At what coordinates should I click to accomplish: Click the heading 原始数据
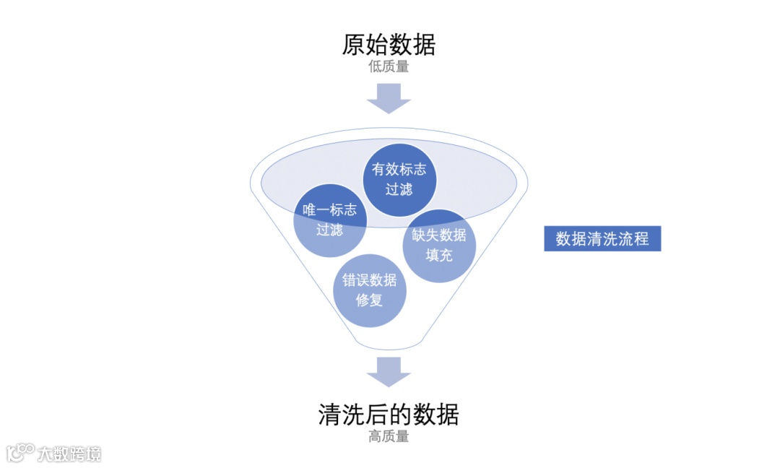[x=389, y=45]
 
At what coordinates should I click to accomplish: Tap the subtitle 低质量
[x=389, y=67]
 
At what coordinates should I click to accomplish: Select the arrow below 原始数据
[x=389, y=98]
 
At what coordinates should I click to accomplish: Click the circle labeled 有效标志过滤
[x=399, y=179]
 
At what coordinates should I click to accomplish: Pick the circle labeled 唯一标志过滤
[x=329, y=220]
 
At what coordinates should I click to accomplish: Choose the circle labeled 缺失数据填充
[x=439, y=245]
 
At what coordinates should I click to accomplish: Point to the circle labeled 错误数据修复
[x=369, y=290]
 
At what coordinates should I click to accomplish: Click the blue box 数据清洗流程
[x=602, y=239]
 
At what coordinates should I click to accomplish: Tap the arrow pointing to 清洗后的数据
[x=389, y=370]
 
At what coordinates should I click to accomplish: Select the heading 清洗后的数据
[x=389, y=415]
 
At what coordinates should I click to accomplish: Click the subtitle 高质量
[x=389, y=436]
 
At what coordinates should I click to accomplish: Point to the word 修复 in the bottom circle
[x=369, y=300]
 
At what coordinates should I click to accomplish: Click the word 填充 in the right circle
[x=439, y=255]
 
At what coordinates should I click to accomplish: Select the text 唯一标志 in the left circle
[x=329, y=210]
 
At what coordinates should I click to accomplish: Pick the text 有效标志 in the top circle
[x=399, y=169]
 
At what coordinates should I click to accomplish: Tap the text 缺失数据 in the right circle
[x=439, y=235]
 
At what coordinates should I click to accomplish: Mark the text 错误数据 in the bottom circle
[x=369, y=280]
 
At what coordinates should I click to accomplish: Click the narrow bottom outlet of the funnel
[x=389, y=345]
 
